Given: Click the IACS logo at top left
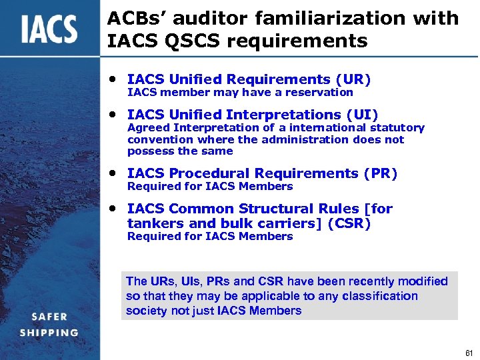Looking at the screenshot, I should click(48, 30).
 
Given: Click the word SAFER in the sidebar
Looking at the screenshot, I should click(49, 317).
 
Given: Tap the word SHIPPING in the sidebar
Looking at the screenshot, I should click(49, 333).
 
